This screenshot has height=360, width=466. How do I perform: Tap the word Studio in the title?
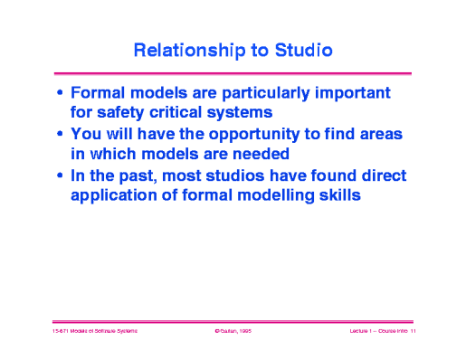[x=300, y=51]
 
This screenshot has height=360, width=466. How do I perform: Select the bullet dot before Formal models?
[x=60, y=93]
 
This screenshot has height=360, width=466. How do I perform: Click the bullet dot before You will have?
[x=60, y=134]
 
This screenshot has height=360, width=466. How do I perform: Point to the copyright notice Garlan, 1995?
[x=233, y=333]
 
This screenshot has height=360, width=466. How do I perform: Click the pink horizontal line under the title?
[x=233, y=72]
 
